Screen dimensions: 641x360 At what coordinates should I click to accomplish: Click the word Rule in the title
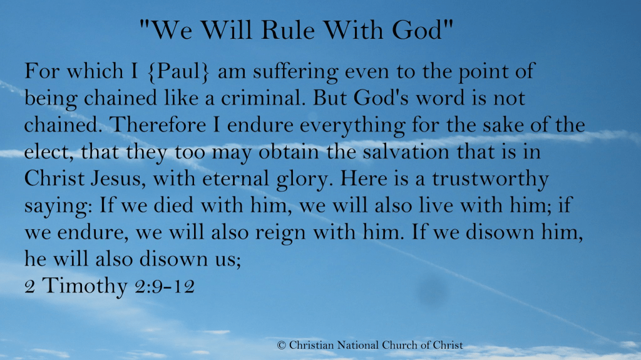click(x=288, y=30)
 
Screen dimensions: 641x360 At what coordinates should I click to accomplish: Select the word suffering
click(x=295, y=72)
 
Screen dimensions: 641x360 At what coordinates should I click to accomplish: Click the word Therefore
click(x=158, y=125)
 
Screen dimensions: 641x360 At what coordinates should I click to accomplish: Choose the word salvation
click(x=406, y=152)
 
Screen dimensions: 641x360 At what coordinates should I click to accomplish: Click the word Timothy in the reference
click(x=85, y=286)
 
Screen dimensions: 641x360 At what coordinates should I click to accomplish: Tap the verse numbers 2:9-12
click(x=165, y=286)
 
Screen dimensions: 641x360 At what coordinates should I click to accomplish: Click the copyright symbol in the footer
click(x=281, y=345)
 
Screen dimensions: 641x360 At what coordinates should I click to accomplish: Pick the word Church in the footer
click(x=399, y=345)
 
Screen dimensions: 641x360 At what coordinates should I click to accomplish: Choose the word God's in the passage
click(x=381, y=98)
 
